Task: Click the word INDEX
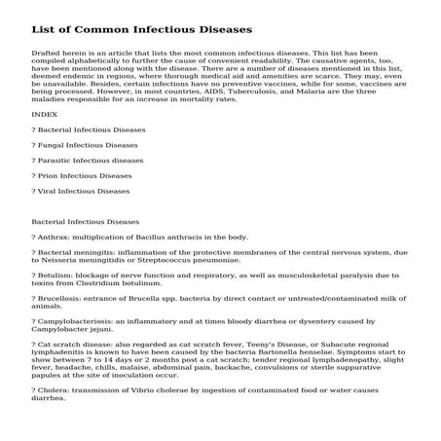pos(45,114)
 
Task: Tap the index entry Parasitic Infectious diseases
pos(91,160)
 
